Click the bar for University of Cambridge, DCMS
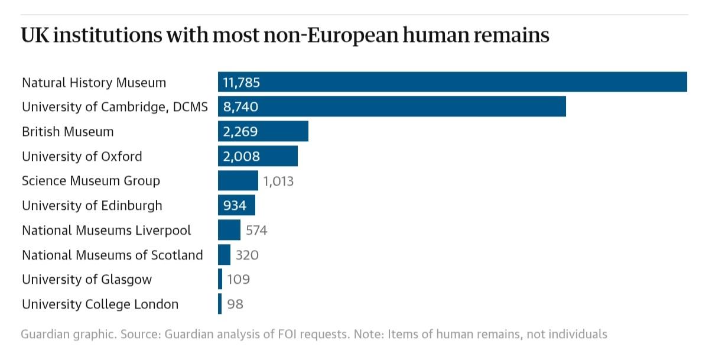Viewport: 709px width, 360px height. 392,107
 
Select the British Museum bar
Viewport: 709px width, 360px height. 263,131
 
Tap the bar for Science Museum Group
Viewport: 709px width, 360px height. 238,180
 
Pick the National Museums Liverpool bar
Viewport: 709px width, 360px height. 229,230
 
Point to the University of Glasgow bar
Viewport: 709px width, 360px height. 220,279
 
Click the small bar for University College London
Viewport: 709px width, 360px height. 220,304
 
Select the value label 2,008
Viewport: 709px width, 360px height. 241,156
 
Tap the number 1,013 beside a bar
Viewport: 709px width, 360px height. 278,181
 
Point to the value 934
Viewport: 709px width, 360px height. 235,206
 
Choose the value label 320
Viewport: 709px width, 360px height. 247,255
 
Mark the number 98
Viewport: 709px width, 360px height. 235,304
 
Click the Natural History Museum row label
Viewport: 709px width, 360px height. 94,82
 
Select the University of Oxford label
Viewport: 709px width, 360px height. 82,156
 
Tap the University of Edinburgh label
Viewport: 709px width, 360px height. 92,206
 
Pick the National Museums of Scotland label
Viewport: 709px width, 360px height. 112,255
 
